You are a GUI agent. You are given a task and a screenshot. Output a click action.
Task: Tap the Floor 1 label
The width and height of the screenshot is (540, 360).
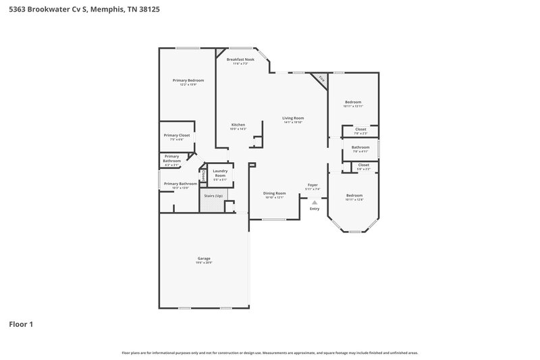[21, 324]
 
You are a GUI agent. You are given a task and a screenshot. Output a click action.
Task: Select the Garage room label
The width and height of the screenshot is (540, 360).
[204, 259]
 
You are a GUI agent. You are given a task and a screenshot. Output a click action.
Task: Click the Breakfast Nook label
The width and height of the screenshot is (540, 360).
[240, 60]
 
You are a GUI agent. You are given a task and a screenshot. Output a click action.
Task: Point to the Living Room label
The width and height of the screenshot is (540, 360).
[293, 118]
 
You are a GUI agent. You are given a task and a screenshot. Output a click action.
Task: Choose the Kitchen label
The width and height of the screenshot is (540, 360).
[238, 125]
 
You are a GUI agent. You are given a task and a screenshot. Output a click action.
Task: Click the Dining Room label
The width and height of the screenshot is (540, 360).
[274, 193]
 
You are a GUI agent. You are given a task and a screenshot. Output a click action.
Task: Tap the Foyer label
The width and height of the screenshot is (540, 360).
[313, 185]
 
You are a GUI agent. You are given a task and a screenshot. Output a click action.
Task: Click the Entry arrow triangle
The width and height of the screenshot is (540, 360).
[314, 202]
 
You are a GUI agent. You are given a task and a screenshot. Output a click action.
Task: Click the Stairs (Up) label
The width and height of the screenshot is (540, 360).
[213, 196]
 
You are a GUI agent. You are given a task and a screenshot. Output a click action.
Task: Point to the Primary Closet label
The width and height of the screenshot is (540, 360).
[177, 135]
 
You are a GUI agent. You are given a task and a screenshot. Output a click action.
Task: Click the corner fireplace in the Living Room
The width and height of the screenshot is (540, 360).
[321, 80]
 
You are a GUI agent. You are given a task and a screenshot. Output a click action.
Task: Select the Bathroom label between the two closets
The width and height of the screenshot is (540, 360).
[360, 147]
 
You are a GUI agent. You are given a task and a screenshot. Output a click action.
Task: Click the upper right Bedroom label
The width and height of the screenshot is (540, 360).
[353, 102]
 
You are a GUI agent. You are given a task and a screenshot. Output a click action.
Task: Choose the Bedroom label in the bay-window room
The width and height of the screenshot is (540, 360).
[354, 196]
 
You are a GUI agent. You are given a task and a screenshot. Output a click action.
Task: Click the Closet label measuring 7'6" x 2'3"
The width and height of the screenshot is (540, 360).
[361, 129]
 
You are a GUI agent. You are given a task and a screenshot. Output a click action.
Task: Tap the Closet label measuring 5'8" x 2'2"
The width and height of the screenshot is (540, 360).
[363, 165]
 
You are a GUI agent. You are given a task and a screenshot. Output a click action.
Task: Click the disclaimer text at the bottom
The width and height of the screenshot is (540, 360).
[269, 353]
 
